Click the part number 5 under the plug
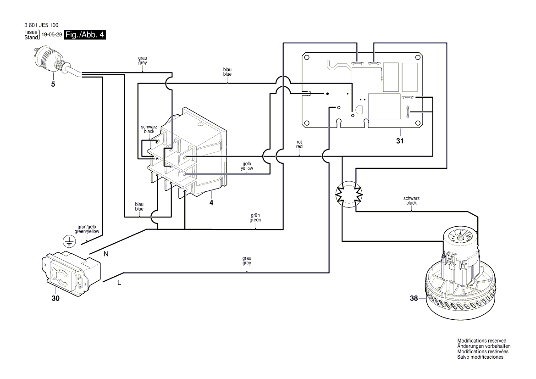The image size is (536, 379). coord(53,85)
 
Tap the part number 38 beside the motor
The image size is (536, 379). coord(414,298)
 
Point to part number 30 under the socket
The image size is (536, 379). coord(55,298)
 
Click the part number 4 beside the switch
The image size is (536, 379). coord(211,202)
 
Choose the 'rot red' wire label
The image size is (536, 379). coord(299,144)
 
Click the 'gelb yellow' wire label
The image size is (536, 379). coord(247,166)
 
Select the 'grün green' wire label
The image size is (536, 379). coord(255,217)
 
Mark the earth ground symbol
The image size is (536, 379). coord(68,240)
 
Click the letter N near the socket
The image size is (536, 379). coord(106,254)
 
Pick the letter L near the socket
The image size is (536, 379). coord(119,283)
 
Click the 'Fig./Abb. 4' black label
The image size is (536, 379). coord(85,35)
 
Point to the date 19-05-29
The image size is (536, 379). coord(51,35)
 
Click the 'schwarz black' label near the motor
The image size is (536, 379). coord(411,201)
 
